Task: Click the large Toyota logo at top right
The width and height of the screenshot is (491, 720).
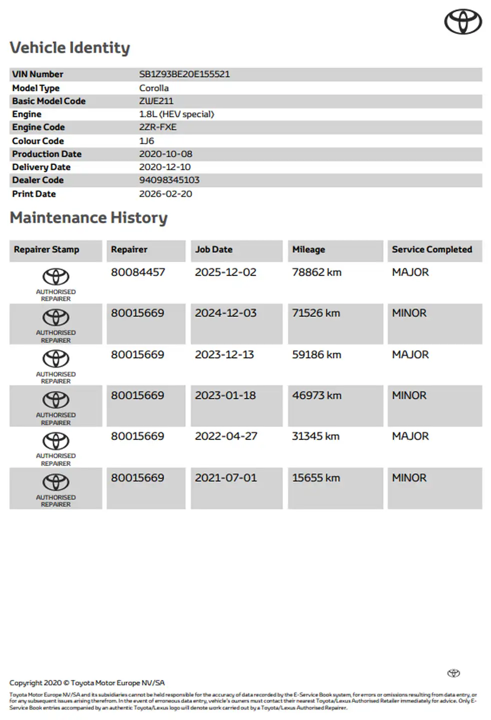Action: (x=463, y=22)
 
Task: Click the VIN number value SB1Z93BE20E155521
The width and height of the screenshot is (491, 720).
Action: (x=184, y=74)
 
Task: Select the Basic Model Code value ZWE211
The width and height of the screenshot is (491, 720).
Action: (x=156, y=101)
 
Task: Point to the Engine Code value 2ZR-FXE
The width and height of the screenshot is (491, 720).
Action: (x=157, y=127)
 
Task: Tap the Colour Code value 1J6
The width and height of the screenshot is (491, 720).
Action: (x=146, y=141)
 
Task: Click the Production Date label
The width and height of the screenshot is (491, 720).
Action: (x=46, y=154)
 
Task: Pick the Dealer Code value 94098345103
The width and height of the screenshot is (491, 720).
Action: (x=169, y=180)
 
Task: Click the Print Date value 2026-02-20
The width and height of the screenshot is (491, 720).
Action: (x=165, y=194)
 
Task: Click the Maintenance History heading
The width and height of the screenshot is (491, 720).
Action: (x=88, y=217)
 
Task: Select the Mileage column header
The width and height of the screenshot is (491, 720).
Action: (x=308, y=249)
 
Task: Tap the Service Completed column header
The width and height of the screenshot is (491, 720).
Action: (x=431, y=249)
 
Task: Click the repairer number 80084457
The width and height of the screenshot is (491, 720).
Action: (x=137, y=272)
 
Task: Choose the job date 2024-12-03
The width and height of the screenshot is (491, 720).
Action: (x=225, y=313)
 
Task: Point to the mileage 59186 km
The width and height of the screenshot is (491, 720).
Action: (x=316, y=354)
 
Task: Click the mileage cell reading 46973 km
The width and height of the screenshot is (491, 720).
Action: (x=316, y=395)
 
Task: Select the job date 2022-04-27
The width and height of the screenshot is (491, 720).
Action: (x=226, y=436)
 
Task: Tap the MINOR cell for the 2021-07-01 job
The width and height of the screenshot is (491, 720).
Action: (x=409, y=478)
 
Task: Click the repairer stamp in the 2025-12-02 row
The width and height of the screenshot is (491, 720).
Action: (x=55, y=283)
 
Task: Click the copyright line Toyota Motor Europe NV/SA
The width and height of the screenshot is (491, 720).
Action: (x=86, y=682)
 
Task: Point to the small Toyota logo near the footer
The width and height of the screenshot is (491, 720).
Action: (x=453, y=673)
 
